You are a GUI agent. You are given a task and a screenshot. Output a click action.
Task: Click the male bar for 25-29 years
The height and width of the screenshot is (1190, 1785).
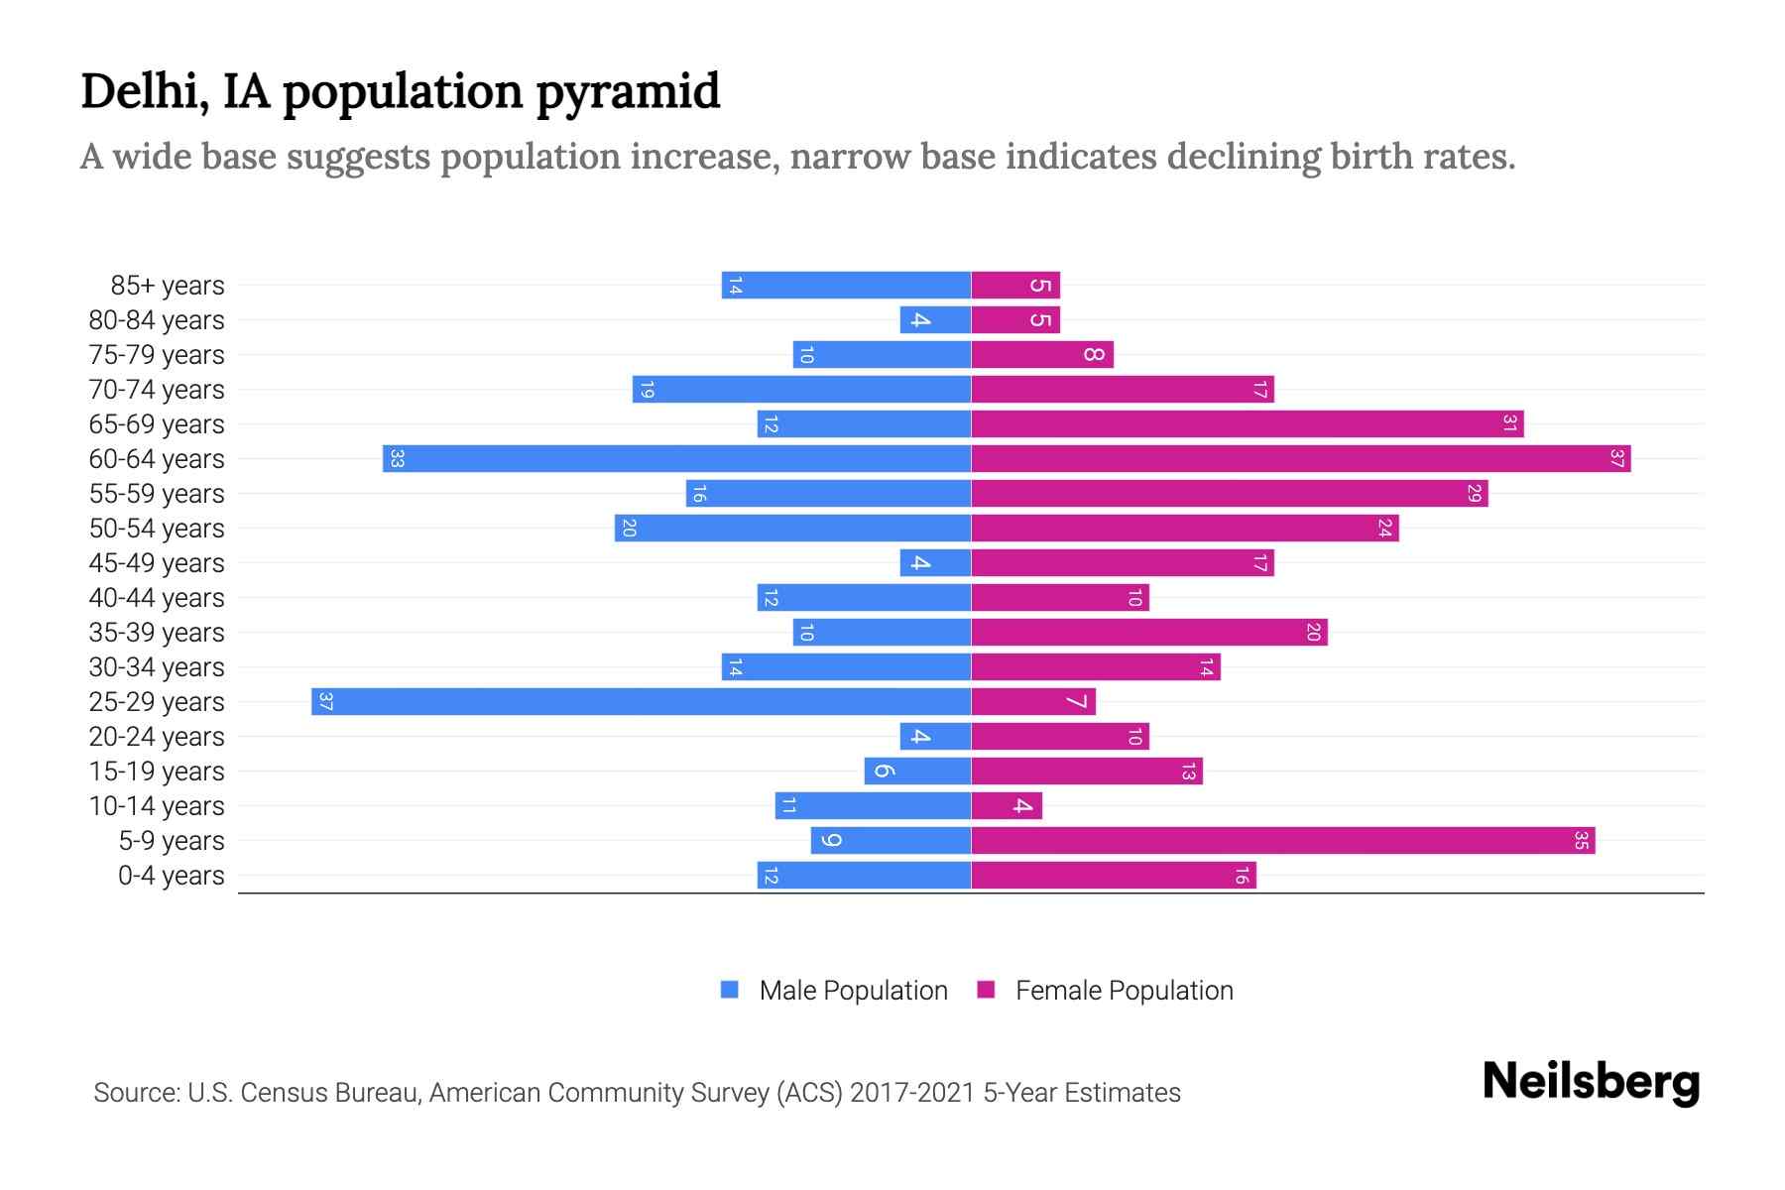pyautogui.click(x=641, y=701)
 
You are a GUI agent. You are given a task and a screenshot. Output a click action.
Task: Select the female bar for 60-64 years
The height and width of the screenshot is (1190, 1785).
pyautogui.click(x=1300, y=458)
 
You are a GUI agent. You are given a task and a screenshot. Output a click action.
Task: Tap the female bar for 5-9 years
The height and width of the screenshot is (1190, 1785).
pyautogui.click(x=1282, y=840)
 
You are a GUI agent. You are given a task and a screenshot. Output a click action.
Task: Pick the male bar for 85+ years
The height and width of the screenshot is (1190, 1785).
pyautogui.click(x=846, y=285)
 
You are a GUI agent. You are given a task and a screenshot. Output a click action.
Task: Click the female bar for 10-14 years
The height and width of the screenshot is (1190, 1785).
pyautogui.click(x=1007, y=805)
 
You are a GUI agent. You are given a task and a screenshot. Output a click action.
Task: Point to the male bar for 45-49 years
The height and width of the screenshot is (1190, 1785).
pyautogui.click(x=935, y=562)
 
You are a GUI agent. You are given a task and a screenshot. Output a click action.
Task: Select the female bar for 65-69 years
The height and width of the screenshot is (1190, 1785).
pyautogui.click(x=1247, y=423)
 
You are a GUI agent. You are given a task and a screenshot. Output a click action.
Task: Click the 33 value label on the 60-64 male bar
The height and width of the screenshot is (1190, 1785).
pyautogui.click(x=397, y=458)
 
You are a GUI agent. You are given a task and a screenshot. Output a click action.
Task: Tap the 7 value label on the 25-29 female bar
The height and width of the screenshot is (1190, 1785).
pyautogui.click(x=1076, y=702)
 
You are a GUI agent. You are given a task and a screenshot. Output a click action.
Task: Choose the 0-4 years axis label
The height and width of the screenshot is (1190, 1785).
pyautogui.click(x=171, y=876)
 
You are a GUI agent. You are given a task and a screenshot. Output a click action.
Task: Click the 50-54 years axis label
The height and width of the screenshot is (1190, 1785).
pyautogui.click(x=157, y=529)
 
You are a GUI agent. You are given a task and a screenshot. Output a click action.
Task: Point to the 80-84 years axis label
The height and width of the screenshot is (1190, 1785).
pyautogui.click(x=157, y=320)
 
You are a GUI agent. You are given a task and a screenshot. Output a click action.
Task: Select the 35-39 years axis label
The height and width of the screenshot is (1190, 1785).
pyautogui.click(x=157, y=633)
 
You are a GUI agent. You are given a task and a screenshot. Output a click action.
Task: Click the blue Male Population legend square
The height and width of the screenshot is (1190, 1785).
pyautogui.click(x=730, y=990)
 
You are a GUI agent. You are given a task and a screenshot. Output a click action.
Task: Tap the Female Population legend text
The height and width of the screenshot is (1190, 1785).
pyautogui.click(x=1124, y=991)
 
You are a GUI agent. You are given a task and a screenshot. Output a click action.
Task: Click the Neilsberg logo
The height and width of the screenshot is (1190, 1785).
pyautogui.click(x=1591, y=1082)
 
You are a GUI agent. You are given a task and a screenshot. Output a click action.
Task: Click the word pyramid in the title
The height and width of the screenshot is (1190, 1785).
pyautogui.click(x=628, y=92)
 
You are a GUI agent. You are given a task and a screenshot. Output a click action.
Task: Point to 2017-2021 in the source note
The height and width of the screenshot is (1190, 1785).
pyautogui.click(x=912, y=1093)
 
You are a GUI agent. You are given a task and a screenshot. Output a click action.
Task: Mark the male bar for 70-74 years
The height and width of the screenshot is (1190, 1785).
pyautogui.click(x=801, y=389)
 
